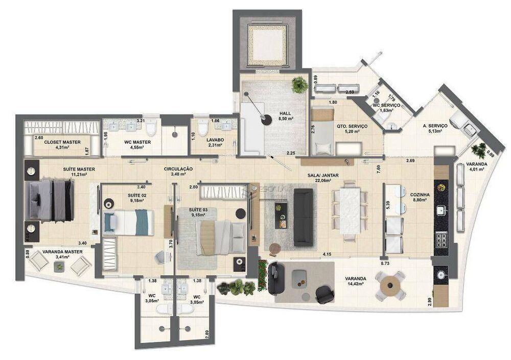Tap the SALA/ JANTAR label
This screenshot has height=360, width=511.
pyautogui.click(x=323, y=175)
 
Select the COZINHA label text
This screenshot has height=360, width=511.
pyautogui.click(x=419, y=195)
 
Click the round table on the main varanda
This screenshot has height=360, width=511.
pyautogui.click(x=390, y=285)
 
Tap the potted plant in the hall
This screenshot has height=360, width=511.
pyautogui.click(x=299, y=84)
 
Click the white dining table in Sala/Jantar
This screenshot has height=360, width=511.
pyautogui.click(x=351, y=210)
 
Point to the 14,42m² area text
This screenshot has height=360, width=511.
pyautogui.click(x=356, y=285)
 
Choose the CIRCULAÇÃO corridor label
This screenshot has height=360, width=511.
pyautogui.click(x=178, y=169)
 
